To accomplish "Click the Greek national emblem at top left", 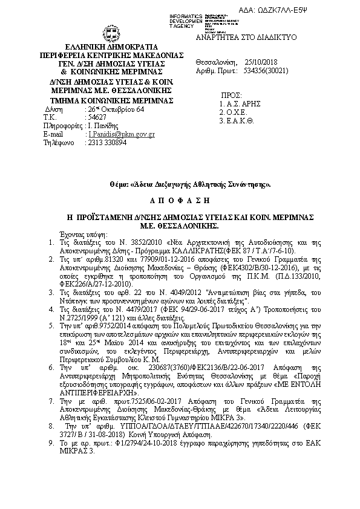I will (x=106, y=33).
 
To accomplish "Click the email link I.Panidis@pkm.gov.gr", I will (x=121, y=134).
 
